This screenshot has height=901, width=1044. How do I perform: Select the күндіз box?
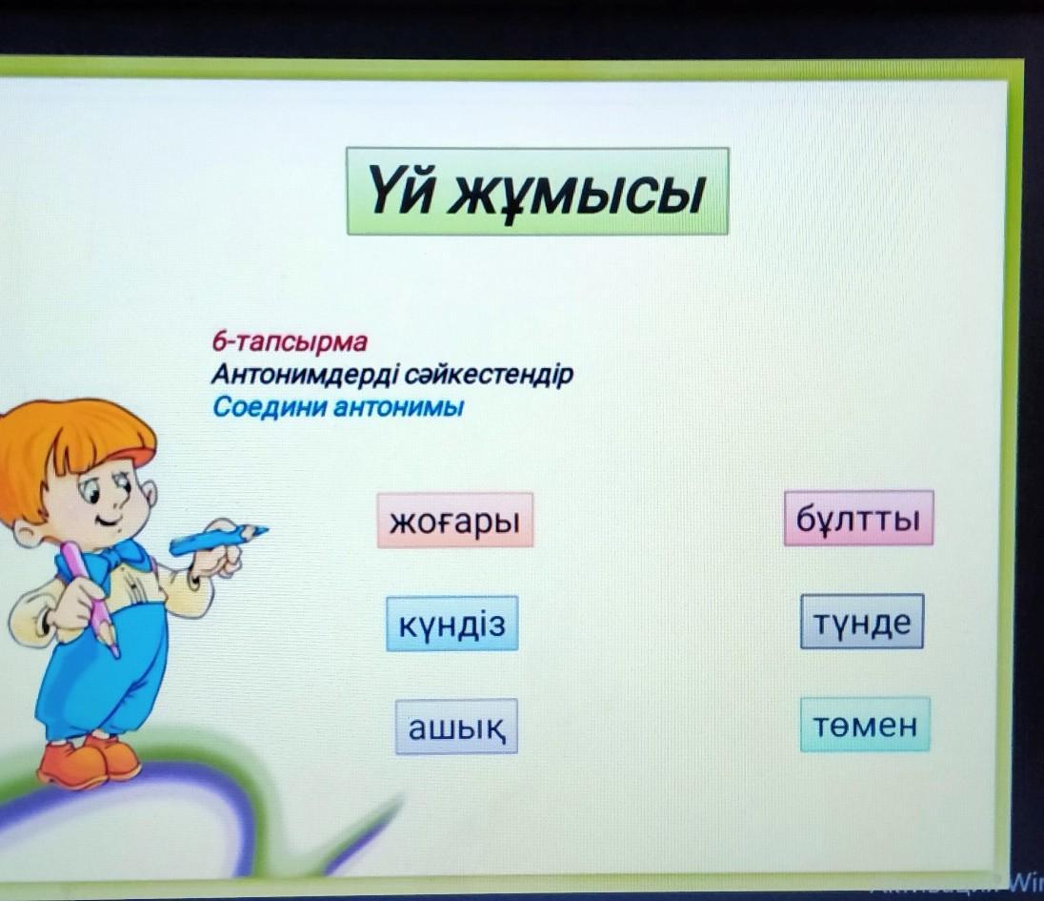coord(452,624)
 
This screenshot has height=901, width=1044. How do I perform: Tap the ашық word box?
coord(456,727)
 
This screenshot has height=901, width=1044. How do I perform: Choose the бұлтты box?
coord(858,519)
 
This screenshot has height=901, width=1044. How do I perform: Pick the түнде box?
coord(862,621)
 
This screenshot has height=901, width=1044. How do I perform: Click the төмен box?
coord(865,725)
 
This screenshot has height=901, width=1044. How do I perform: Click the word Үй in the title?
coord(400,192)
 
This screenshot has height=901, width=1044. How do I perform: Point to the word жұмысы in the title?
coord(576,195)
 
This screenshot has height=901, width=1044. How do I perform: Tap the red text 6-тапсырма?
coord(290,342)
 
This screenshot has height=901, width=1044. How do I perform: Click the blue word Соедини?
coord(270,406)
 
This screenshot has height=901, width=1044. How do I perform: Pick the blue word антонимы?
coord(397,406)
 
